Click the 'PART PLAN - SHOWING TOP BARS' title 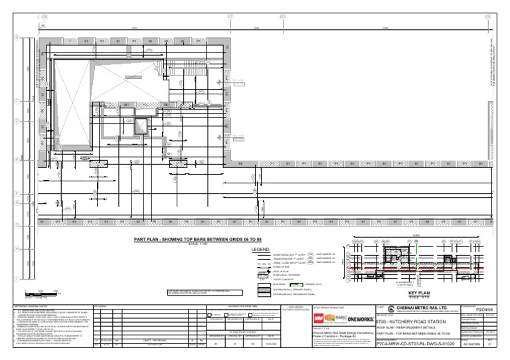click(x=189, y=239)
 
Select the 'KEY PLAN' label click(x=420, y=292)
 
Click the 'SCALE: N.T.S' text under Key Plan click(x=420, y=297)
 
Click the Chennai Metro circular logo click(x=381, y=309)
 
